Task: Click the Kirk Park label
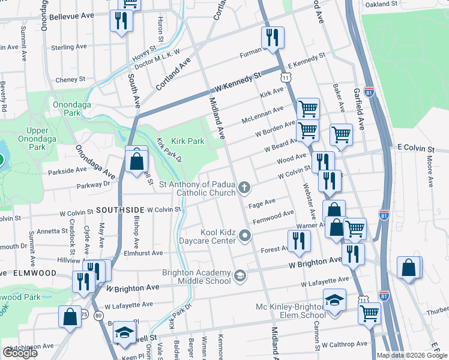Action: tap(188, 141)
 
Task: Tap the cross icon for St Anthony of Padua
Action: tap(244, 188)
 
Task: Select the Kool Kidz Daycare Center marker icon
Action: tap(244, 236)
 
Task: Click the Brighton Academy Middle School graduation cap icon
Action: tap(240, 275)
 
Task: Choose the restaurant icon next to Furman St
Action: tap(273, 38)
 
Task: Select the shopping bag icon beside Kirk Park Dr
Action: tap(137, 161)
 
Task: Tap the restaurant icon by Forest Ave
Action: tap(299, 241)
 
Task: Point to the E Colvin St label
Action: tap(415, 148)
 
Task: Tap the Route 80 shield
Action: tap(98, 314)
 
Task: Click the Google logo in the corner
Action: tap(20, 353)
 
